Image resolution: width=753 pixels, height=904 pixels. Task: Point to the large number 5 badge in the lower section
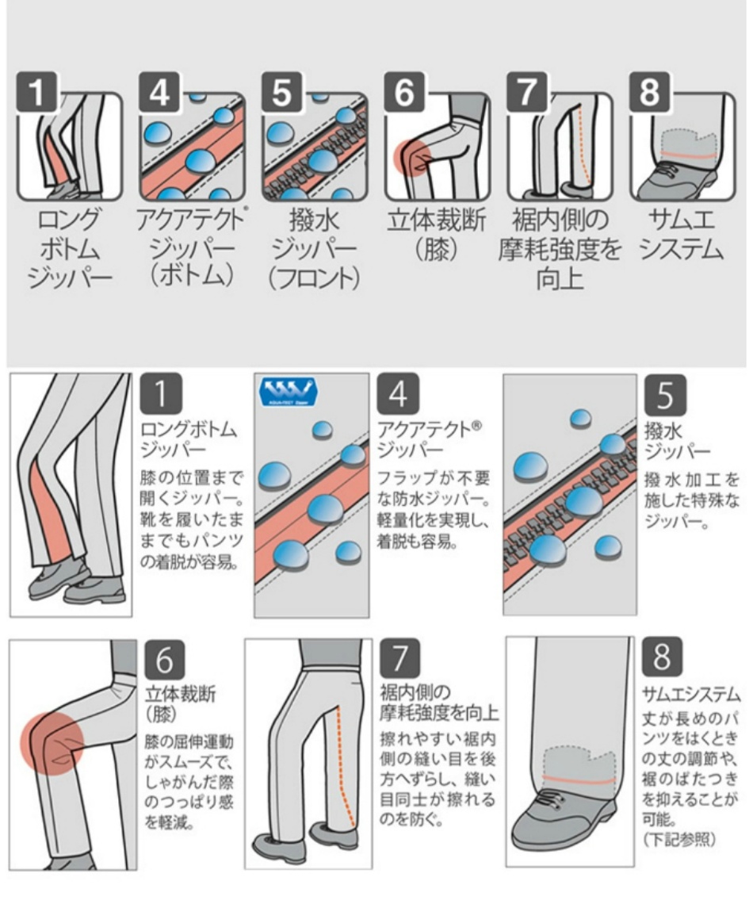coord(664,395)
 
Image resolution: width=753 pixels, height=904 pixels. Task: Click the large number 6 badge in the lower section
coord(165,660)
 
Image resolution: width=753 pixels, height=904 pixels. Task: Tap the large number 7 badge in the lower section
coord(399,659)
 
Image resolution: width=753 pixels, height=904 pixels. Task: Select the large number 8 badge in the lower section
coord(663,657)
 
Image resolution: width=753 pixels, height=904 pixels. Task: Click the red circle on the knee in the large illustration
coord(52,742)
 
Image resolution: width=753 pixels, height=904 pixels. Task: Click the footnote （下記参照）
coord(679,839)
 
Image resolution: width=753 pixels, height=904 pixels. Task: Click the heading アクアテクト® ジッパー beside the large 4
coord(430,439)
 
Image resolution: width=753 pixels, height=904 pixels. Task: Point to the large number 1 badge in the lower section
coord(161,394)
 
